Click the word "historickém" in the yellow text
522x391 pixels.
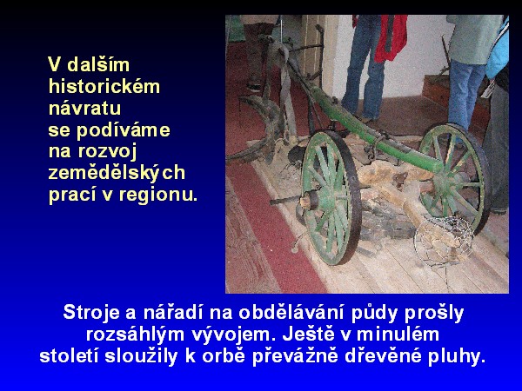[104, 86]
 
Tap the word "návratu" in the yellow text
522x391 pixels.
[84, 108]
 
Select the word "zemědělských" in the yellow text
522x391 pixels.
[117, 173]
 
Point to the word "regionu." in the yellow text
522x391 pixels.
[158, 195]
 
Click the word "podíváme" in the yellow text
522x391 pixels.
[124, 130]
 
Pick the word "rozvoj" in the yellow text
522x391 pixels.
[108, 151]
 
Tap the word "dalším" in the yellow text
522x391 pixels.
[98, 64]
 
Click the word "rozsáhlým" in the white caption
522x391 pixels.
[135, 335]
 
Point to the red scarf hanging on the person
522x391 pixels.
[392, 37]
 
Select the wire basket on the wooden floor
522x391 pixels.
[444, 240]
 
